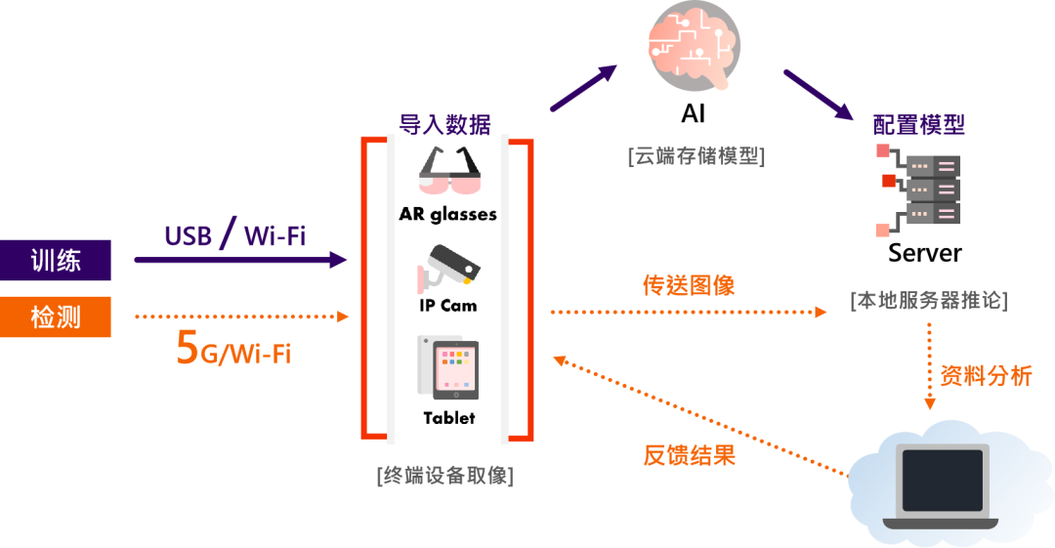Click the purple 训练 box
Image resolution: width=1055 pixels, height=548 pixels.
click(x=56, y=261)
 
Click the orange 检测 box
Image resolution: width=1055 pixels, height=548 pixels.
click(x=56, y=317)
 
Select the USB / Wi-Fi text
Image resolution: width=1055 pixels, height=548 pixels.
click(x=234, y=235)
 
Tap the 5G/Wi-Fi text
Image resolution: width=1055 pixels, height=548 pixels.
click(x=232, y=351)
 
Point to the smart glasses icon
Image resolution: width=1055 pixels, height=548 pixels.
click(x=449, y=171)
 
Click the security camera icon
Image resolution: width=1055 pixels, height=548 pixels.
click(x=449, y=266)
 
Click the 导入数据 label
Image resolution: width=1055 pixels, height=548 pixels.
click(x=444, y=123)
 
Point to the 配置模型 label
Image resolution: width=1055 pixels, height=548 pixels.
click(x=919, y=124)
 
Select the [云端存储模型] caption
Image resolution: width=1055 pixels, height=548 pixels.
click(x=696, y=156)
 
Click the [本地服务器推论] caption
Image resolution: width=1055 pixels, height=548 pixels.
click(x=928, y=301)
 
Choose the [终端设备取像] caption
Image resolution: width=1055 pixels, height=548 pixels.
click(x=444, y=477)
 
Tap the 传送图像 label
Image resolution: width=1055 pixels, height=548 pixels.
click(x=689, y=286)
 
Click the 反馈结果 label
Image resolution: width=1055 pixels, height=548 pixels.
click(x=689, y=455)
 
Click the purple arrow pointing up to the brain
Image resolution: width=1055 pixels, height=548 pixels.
click(x=583, y=89)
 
